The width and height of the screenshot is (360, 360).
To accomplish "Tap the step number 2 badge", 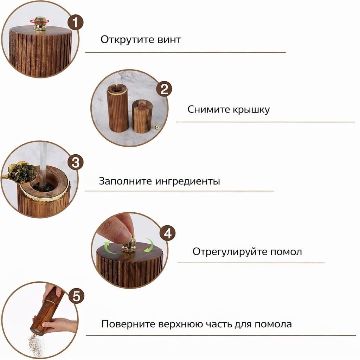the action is [x=164, y=89].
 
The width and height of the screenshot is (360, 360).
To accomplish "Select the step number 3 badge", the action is [x=76, y=162].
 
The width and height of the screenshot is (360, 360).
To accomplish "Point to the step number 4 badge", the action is [x=168, y=233].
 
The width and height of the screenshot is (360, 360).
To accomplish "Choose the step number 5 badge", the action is [x=76, y=296].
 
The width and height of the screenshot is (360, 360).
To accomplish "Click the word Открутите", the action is [x=127, y=40].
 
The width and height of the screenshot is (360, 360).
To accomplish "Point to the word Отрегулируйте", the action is [x=230, y=252].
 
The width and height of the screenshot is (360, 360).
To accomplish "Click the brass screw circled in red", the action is [x=39, y=24].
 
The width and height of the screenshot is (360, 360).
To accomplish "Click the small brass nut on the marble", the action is [x=157, y=127].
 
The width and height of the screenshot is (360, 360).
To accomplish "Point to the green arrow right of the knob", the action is [x=149, y=246].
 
